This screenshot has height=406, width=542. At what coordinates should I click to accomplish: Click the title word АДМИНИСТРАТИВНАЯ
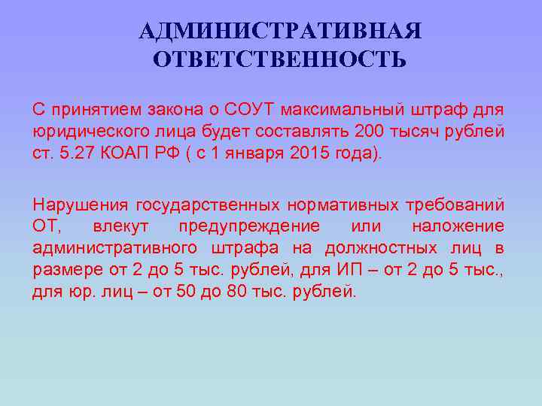(280, 31)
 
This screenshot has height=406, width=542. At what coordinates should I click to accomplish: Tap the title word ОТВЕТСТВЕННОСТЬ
(279, 59)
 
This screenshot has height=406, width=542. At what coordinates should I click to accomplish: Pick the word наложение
(458, 226)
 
